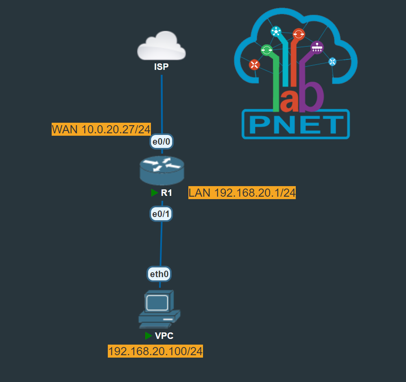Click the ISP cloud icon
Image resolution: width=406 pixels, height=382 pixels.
pos(162,46)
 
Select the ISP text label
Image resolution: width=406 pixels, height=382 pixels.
pos(162,67)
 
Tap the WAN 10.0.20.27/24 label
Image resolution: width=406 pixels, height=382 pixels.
pos(101,130)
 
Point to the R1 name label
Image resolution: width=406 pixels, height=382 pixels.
pos(166,193)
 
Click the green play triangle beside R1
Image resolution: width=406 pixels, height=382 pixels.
pos(155,193)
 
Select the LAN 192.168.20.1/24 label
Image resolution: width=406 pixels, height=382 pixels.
pos(242,193)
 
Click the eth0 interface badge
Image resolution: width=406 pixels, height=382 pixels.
pos(159,274)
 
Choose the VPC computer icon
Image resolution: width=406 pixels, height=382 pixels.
pos(159,309)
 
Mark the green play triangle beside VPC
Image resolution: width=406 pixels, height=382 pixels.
pos(149,336)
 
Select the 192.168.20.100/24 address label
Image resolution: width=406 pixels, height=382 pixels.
pos(155,351)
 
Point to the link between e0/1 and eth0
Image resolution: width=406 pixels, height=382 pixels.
pos(161,244)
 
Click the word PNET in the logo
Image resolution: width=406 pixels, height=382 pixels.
pos(295,124)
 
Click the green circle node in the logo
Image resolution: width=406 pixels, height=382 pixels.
pos(266,50)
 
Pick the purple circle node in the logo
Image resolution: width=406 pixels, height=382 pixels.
pos(317,48)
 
